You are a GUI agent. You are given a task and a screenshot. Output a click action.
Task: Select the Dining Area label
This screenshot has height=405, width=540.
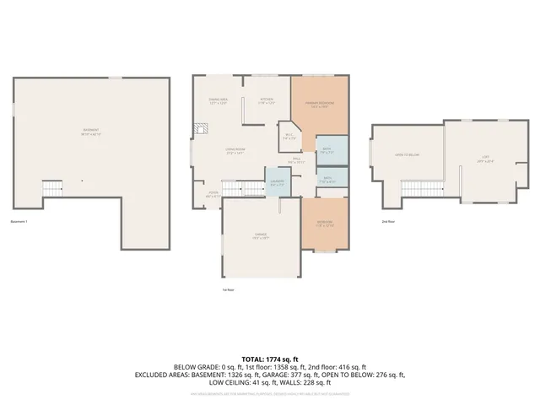tap(218, 102)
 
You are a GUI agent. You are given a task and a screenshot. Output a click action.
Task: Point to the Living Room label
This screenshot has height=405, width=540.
tap(235, 152)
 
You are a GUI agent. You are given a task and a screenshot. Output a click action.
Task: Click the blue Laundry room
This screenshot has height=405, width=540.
tap(277, 183)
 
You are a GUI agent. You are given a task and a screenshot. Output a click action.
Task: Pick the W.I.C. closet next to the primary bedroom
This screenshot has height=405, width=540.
tap(289, 137)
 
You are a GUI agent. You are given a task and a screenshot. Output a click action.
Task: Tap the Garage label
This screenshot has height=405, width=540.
tap(262, 237)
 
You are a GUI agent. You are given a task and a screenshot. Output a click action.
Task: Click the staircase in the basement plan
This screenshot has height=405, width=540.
tap(53, 188)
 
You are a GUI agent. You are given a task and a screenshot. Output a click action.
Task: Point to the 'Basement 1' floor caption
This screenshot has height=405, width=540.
tap(19, 223)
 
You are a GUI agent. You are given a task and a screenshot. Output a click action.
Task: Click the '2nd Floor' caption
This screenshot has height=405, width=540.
tap(388, 222)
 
